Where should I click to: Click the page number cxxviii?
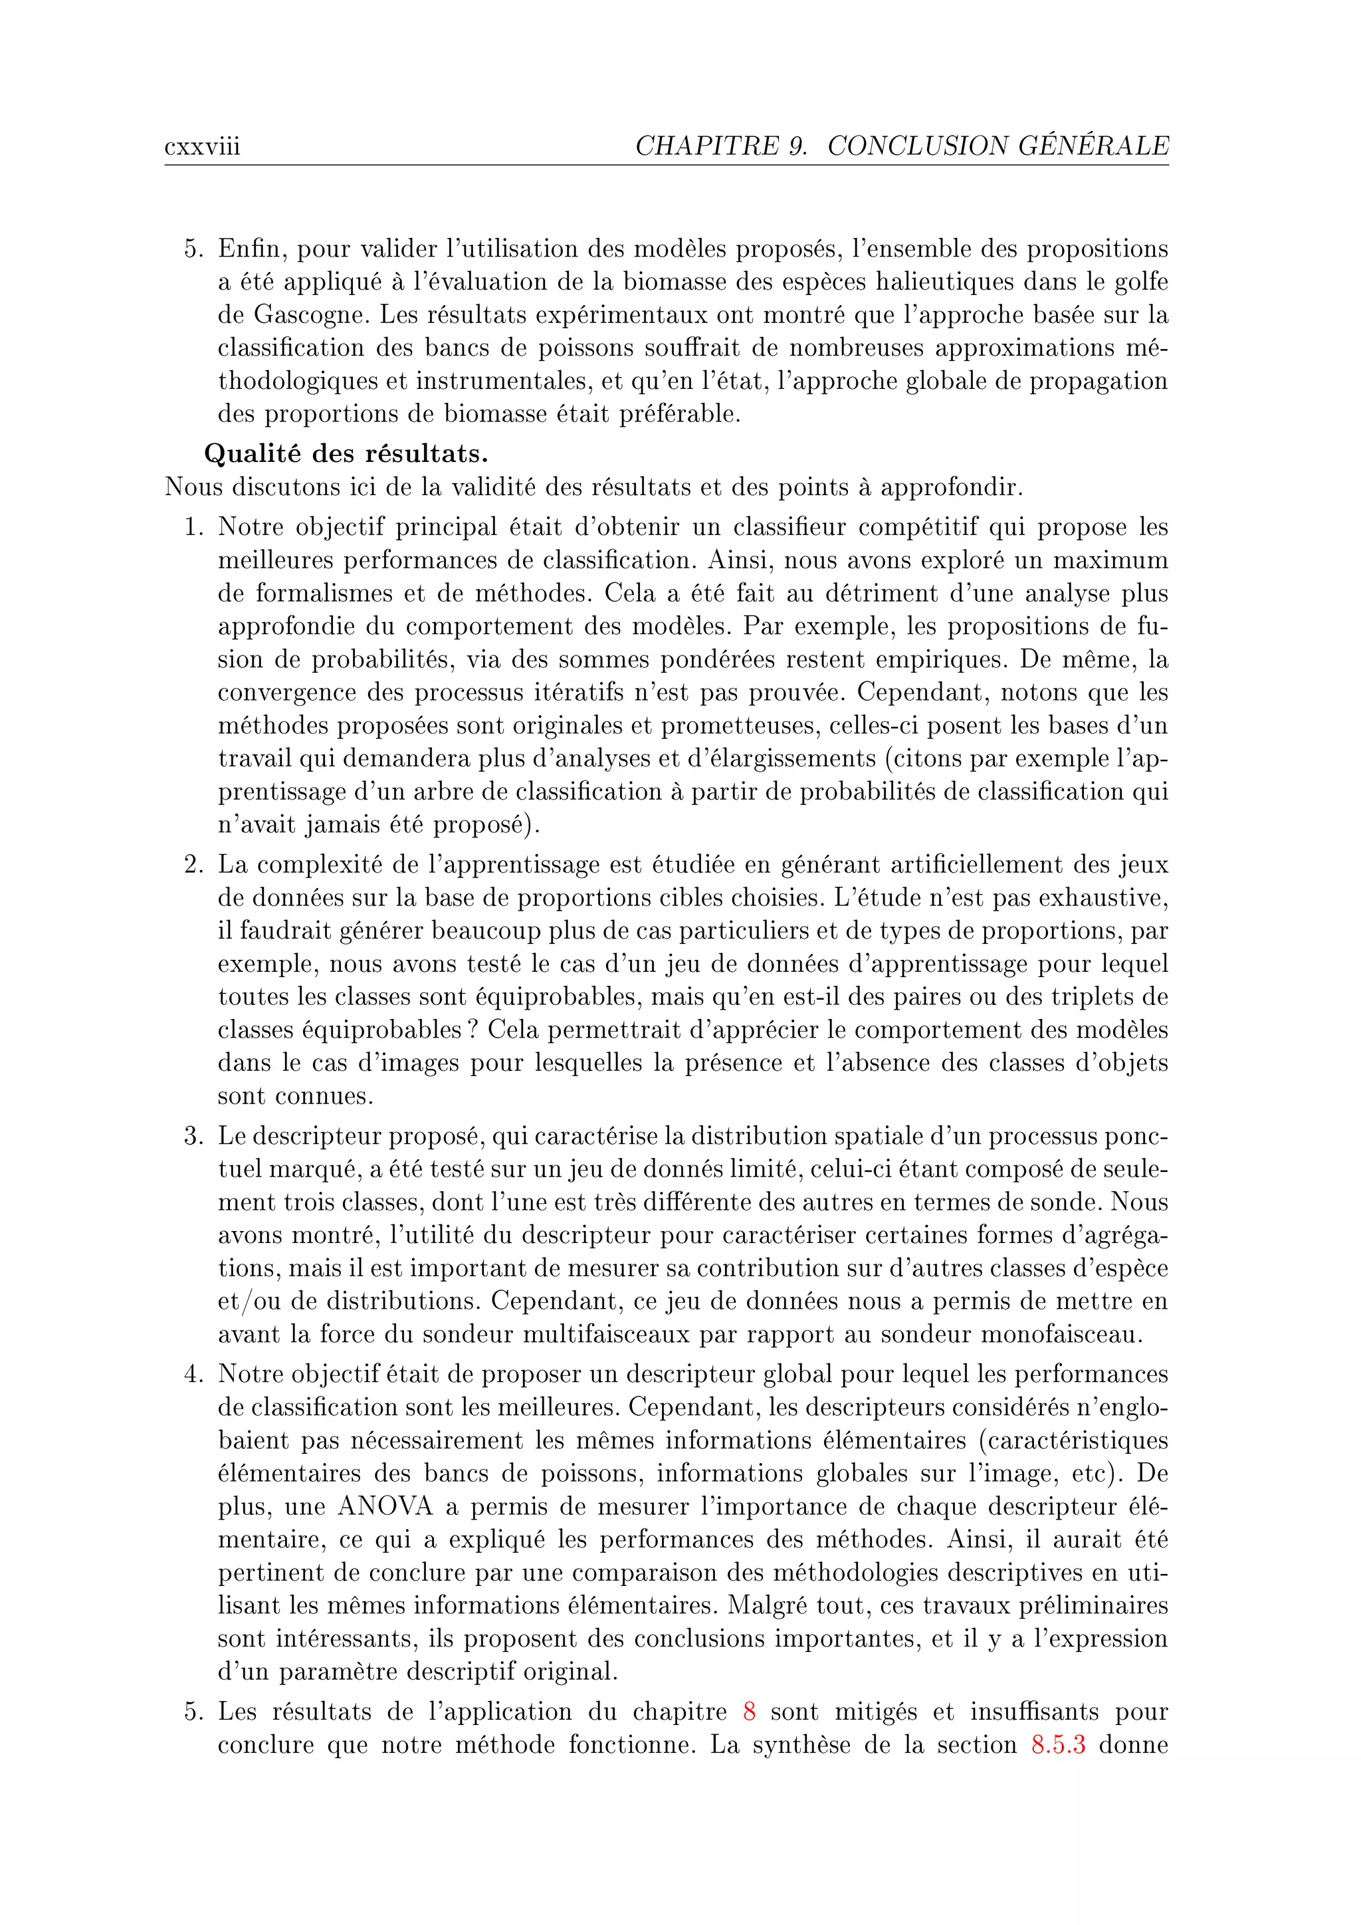202,148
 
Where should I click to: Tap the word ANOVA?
385,1507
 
